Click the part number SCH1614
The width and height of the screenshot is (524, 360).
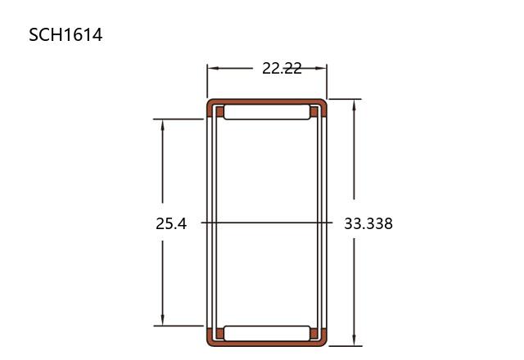click(65, 34)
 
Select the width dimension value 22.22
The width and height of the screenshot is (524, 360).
click(282, 69)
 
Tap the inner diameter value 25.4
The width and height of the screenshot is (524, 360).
click(171, 223)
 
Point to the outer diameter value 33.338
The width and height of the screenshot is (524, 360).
click(368, 223)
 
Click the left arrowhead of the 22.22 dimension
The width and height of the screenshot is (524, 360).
click(213, 68)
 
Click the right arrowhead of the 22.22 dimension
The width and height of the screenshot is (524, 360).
click(320, 68)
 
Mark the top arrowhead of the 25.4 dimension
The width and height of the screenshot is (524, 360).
click(163, 125)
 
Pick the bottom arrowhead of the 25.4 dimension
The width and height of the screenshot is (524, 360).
click(163, 319)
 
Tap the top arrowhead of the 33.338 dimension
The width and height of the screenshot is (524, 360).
click(355, 106)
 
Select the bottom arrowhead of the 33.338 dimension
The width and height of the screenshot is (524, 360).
click(355, 340)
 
